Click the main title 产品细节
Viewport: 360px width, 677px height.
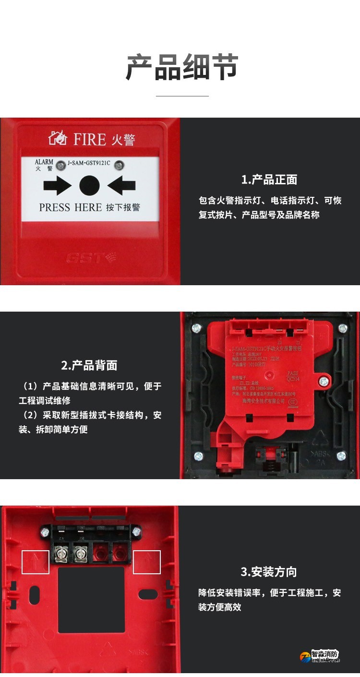pos(182,67)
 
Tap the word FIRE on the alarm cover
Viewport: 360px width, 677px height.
pos(89,140)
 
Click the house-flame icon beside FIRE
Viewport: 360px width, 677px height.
pos(58,138)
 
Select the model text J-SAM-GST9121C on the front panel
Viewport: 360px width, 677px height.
pos(89,163)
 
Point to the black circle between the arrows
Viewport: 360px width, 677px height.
pos(89,185)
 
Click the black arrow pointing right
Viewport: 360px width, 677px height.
pos(57,185)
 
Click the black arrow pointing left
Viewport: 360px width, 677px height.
pos(121,185)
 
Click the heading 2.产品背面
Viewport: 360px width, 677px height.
pos(89,365)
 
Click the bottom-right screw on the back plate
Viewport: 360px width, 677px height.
pos(341,456)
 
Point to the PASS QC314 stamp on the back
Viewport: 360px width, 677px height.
pos(292,375)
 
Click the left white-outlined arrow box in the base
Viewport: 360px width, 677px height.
pos(36,562)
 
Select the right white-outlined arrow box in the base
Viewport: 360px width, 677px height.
pos(147,562)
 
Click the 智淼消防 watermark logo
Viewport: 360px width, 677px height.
pos(320,656)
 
